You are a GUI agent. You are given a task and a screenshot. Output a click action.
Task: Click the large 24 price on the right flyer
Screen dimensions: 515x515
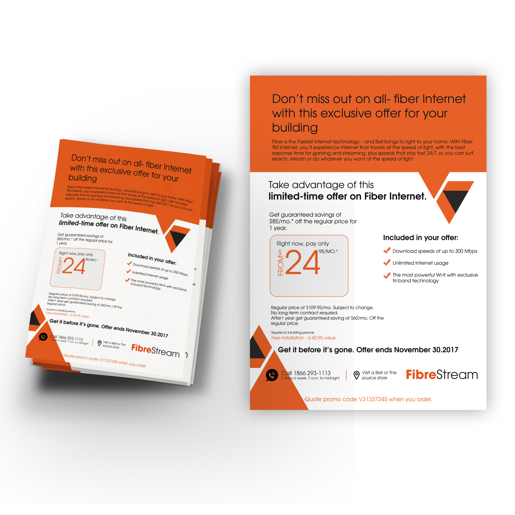coord(302,262)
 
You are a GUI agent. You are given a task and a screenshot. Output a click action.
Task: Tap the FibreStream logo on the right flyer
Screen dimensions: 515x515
coord(442,375)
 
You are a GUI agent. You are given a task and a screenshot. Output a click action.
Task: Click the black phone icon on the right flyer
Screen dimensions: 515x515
coord(272,375)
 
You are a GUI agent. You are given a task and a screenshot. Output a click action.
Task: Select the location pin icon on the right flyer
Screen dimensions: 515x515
coord(356,375)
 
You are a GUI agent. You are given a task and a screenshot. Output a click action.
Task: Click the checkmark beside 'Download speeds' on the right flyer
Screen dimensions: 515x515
coord(387,251)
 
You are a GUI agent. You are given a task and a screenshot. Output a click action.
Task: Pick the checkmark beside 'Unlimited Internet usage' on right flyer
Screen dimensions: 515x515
coord(387,263)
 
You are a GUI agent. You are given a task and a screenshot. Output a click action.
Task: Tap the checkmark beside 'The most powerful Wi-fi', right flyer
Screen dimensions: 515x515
coord(387,275)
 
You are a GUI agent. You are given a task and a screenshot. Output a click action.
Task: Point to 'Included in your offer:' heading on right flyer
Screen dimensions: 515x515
coord(421,238)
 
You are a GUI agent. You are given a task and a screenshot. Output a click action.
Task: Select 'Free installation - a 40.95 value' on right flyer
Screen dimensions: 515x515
coord(303,338)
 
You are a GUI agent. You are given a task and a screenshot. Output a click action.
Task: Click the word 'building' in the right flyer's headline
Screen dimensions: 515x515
coord(295,127)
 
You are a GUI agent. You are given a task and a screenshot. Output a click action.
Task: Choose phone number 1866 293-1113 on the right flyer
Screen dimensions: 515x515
coord(312,373)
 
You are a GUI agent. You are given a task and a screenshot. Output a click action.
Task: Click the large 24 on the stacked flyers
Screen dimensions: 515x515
coord(74,266)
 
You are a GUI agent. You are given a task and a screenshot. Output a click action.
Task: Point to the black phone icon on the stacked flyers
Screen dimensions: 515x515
coord(43,337)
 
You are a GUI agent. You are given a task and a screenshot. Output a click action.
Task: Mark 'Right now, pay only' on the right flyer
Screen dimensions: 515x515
coord(303,243)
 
